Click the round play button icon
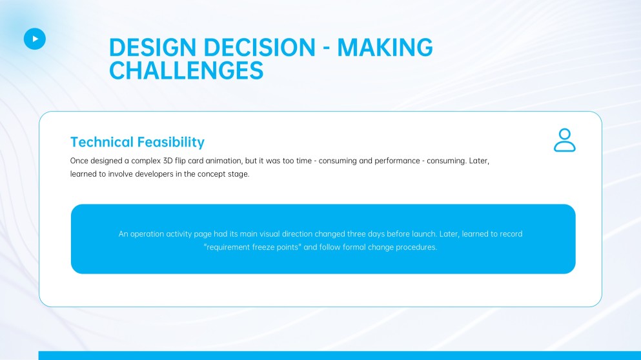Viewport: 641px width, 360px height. [35, 39]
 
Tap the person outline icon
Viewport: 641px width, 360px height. [564, 140]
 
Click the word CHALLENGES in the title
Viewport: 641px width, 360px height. [186, 70]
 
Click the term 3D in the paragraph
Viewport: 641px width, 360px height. [170, 161]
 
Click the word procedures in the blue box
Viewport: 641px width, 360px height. [416, 247]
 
